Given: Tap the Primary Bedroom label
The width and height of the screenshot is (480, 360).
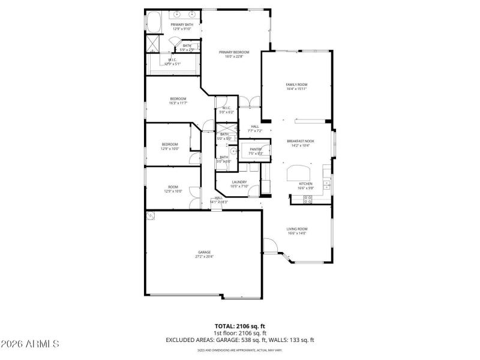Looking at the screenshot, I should [233, 52].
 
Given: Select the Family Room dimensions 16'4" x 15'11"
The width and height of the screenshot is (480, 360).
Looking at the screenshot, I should [296, 89].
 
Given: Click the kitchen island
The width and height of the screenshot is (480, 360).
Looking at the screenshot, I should [297, 173].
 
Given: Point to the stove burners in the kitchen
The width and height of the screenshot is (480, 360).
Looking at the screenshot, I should [308, 199].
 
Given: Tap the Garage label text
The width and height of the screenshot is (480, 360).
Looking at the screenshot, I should [204, 252].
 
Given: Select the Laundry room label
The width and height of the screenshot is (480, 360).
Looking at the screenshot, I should [239, 182].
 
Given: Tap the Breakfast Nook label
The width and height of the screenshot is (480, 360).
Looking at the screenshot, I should [300, 141].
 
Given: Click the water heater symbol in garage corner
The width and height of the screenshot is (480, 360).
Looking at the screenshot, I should [150, 215].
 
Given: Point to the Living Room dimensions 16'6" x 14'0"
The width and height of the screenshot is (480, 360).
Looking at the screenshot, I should [296, 233].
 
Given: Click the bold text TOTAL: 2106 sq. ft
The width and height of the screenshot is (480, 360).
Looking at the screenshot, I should [240, 326].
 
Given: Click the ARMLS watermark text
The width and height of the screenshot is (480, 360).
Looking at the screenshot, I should [30, 344].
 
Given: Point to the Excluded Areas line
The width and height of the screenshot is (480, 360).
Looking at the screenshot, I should [240, 340].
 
